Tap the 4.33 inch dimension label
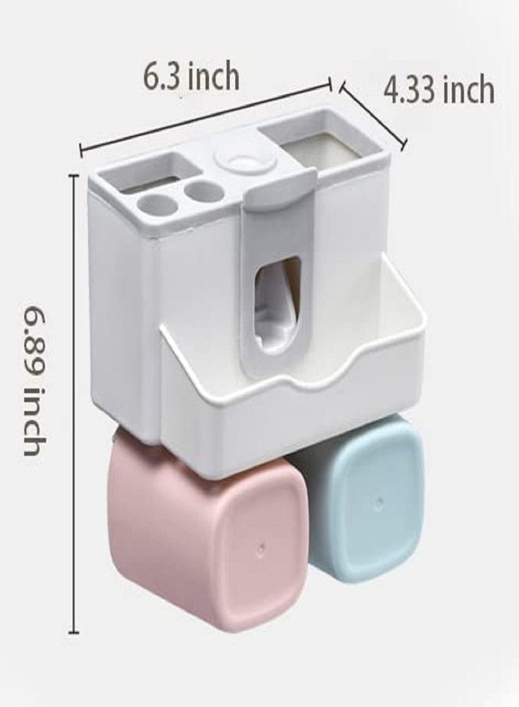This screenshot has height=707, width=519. [439, 90]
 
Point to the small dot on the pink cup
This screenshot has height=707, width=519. [261, 550]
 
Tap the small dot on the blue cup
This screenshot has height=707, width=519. [380, 502]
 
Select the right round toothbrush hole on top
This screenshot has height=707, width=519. [204, 192]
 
